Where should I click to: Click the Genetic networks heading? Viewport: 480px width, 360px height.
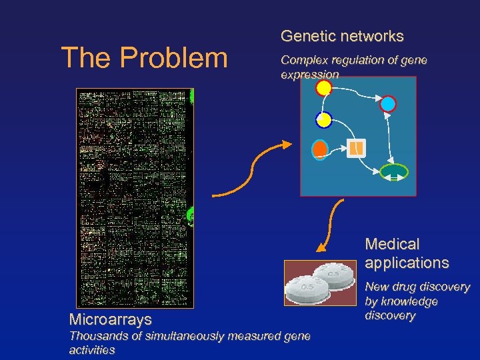pos(342,36)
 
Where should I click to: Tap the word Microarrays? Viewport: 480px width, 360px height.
pos(110,320)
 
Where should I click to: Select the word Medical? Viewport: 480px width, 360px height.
pos(393,245)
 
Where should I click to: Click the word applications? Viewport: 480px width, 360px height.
pos(407,263)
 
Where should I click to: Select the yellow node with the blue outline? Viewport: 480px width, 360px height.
pos(323,120)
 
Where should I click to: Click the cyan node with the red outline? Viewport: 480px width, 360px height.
pos(387,103)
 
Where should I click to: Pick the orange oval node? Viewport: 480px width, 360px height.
pos(321,149)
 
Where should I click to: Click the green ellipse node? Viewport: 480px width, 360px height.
pos(393,172)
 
